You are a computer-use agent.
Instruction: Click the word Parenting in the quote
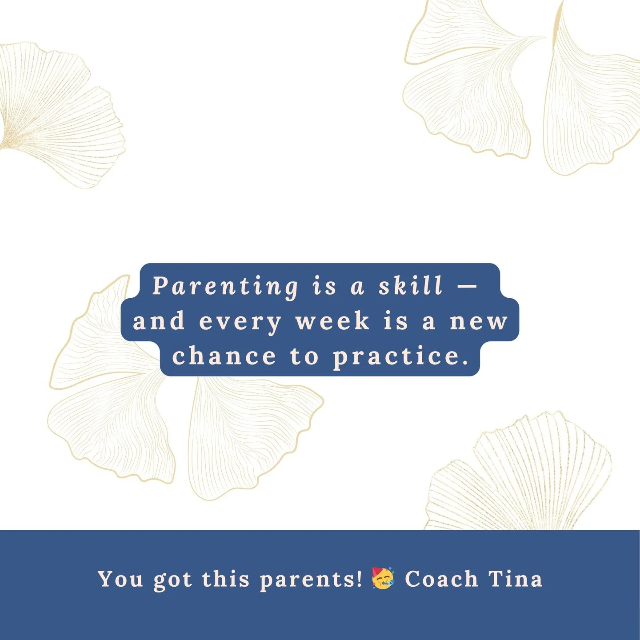(x=225, y=286)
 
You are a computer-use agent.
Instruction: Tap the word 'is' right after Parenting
(x=324, y=286)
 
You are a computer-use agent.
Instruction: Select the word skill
(x=411, y=286)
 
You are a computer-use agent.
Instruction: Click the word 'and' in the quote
(x=159, y=321)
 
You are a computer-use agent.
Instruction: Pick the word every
(x=240, y=322)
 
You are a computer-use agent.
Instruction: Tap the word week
(x=332, y=321)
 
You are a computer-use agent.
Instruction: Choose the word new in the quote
(x=479, y=322)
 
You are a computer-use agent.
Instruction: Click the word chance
(x=224, y=356)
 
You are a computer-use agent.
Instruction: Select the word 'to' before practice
(x=305, y=356)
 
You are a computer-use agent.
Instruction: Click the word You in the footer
(x=120, y=579)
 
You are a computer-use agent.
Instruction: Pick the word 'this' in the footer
(x=226, y=579)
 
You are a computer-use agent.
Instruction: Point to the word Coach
(x=441, y=579)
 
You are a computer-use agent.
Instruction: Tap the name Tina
(x=516, y=579)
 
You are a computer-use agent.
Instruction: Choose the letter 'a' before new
(x=429, y=322)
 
